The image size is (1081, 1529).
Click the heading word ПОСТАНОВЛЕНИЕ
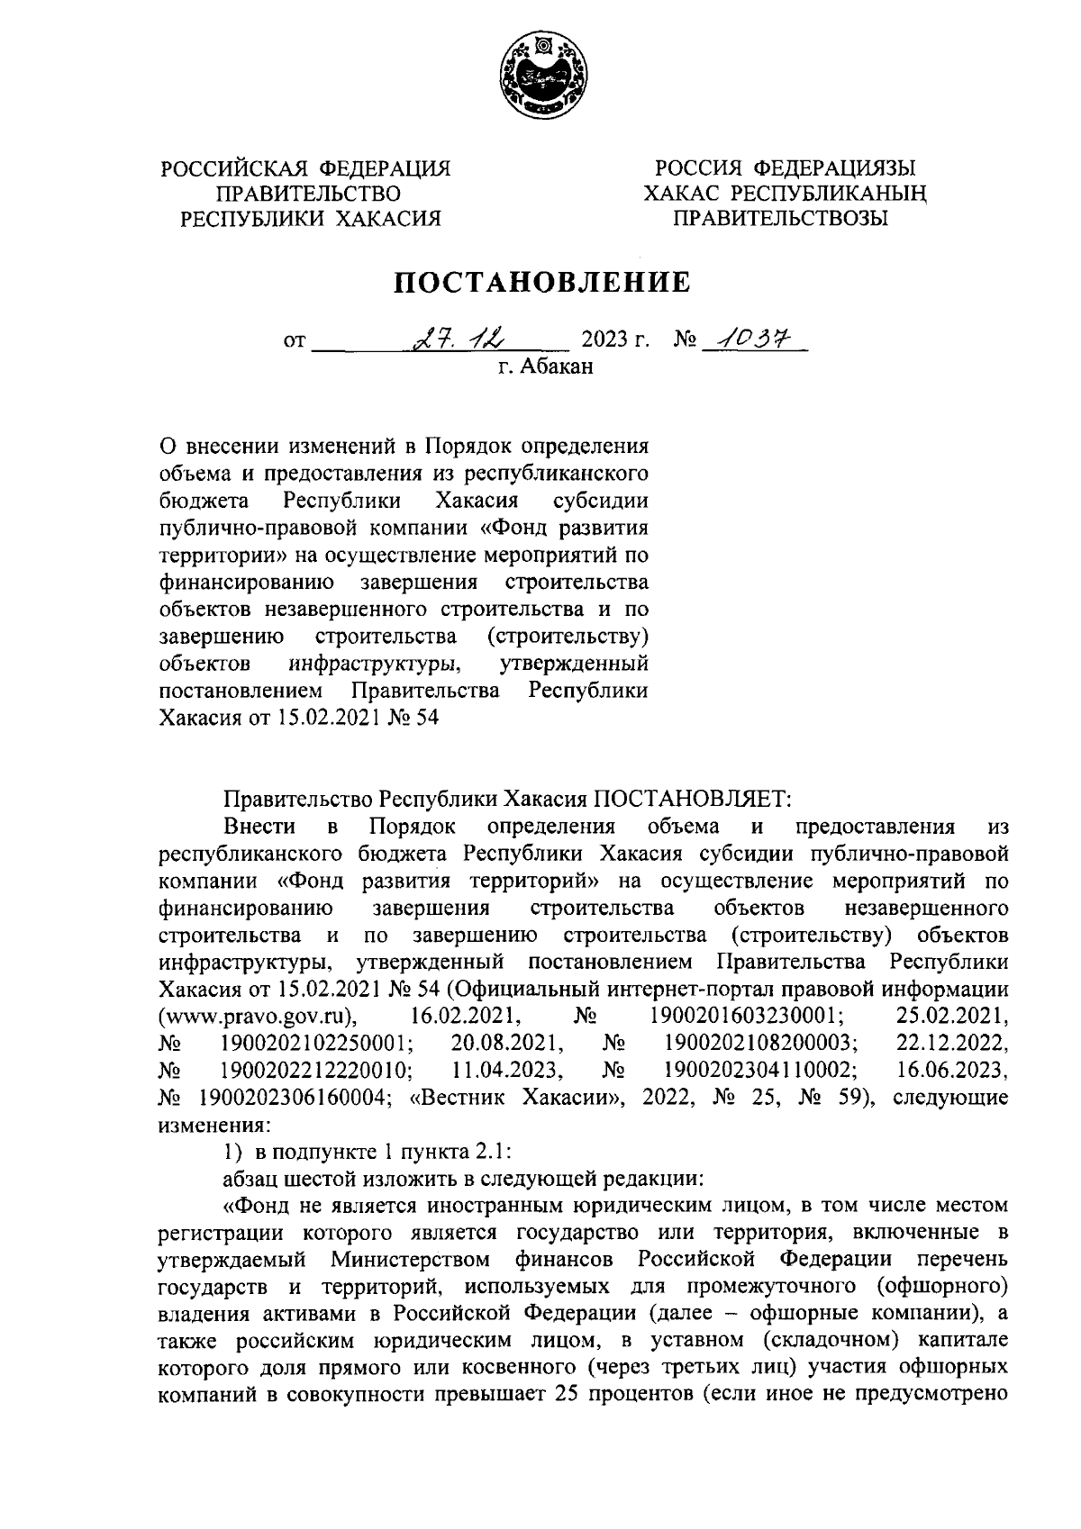pyautogui.click(x=543, y=283)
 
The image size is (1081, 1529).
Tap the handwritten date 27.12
pyautogui.click(x=459, y=339)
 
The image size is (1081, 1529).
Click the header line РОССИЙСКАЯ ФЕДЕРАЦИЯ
pyautogui.click(x=304, y=168)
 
